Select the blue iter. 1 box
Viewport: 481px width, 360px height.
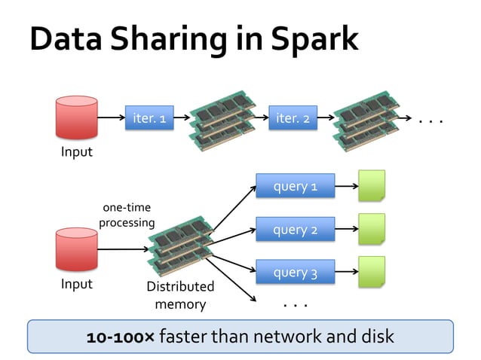pyautogui.click(x=149, y=118)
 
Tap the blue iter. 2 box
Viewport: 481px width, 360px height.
pyautogui.click(x=293, y=118)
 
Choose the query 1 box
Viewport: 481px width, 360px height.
pyautogui.click(x=294, y=186)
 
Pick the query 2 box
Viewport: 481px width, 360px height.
pyautogui.click(x=294, y=230)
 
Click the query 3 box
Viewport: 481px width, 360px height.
pyautogui.click(x=294, y=273)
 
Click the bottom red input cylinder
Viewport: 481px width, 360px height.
pyautogui.click(x=76, y=250)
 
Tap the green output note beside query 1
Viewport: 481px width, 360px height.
pyautogui.click(x=371, y=185)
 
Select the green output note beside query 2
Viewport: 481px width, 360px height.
pyautogui.click(x=371, y=229)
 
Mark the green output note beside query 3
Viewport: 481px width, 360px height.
pyautogui.click(x=371, y=272)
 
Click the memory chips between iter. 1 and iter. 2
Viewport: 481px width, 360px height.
pyautogui.click(x=221, y=118)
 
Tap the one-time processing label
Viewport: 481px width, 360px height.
pyautogui.click(x=127, y=215)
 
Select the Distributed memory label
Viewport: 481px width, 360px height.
pyautogui.click(x=180, y=295)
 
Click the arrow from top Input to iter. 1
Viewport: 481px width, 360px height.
pyautogui.click(x=111, y=118)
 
